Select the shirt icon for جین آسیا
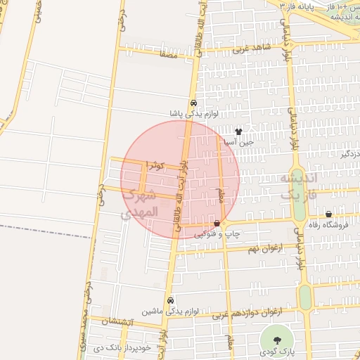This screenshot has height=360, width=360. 238,131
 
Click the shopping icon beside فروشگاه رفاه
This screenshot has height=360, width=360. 328,214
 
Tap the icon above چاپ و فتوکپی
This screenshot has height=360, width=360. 216,224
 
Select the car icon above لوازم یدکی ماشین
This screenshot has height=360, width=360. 171,299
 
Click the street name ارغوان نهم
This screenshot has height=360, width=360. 264,248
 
